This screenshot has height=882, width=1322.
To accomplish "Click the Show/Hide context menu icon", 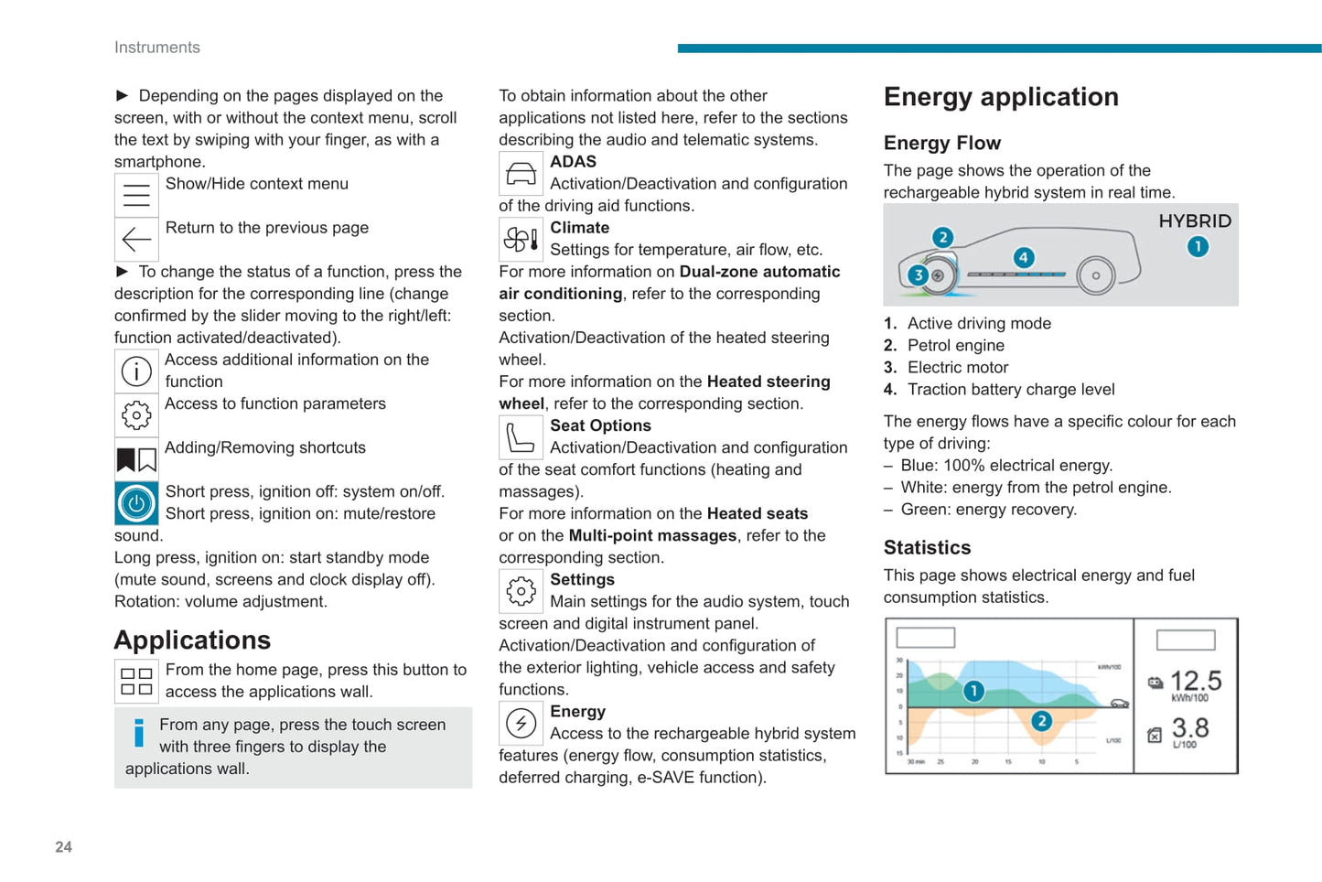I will [x=136, y=195].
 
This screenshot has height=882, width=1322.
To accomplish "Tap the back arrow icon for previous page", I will [x=136, y=240].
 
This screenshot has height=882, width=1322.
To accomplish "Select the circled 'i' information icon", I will [x=136, y=371].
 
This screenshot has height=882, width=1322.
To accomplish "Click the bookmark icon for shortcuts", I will [x=136, y=459].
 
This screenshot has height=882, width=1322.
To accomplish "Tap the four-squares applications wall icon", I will [x=136, y=682].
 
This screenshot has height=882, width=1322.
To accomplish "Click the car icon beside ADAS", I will [x=521, y=173].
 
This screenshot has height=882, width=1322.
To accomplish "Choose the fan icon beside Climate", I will [x=521, y=240].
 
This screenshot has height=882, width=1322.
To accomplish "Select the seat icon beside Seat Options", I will [x=521, y=437].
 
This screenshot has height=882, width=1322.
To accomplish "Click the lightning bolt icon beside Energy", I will [x=521, y=724].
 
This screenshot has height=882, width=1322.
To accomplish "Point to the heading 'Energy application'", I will [x=1001, y=97].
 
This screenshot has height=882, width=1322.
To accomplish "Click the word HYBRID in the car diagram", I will [x=1195, y=221].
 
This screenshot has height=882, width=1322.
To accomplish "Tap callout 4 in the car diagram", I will [x=1024, y=258].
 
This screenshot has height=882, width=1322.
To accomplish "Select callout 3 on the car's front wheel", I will [x=919, y=274].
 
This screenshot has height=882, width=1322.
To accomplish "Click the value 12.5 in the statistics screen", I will [x=1196, y=681].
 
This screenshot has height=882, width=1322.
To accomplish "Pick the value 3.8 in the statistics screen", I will [x=1190, y=728].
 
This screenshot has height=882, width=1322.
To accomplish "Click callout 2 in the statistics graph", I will [x=1041, y=721].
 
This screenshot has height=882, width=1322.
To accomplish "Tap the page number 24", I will [x=63, y=847].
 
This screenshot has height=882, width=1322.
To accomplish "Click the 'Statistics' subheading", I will [x=927, y=548].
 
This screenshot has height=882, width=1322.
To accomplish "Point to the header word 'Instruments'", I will [x=156, y=48].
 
